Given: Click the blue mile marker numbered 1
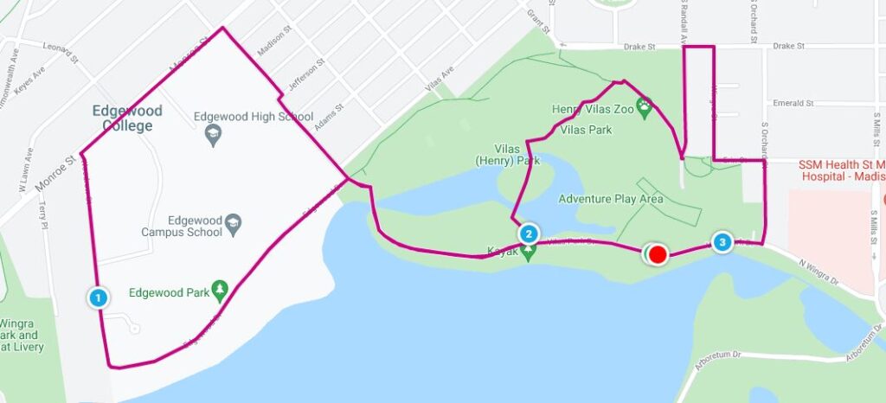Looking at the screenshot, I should tap(99, 297).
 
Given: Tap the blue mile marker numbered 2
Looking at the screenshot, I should tap(529, 233).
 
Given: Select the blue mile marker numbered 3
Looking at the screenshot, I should tap(722, 242).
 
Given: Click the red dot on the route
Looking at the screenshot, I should tap(658, 254).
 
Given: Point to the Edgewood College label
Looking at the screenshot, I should tap(123, 118).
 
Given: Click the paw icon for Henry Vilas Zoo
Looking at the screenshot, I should tap(645, 109).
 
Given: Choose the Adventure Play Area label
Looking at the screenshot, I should tap(611, 199).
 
